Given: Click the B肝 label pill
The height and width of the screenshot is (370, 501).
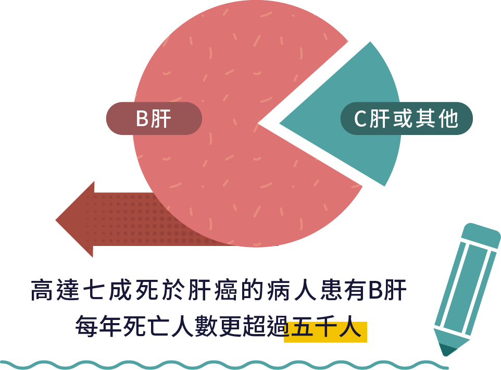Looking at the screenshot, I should (154, 119).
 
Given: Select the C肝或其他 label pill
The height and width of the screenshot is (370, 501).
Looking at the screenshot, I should (406, 119).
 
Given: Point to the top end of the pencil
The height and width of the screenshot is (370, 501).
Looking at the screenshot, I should (482, 230).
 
